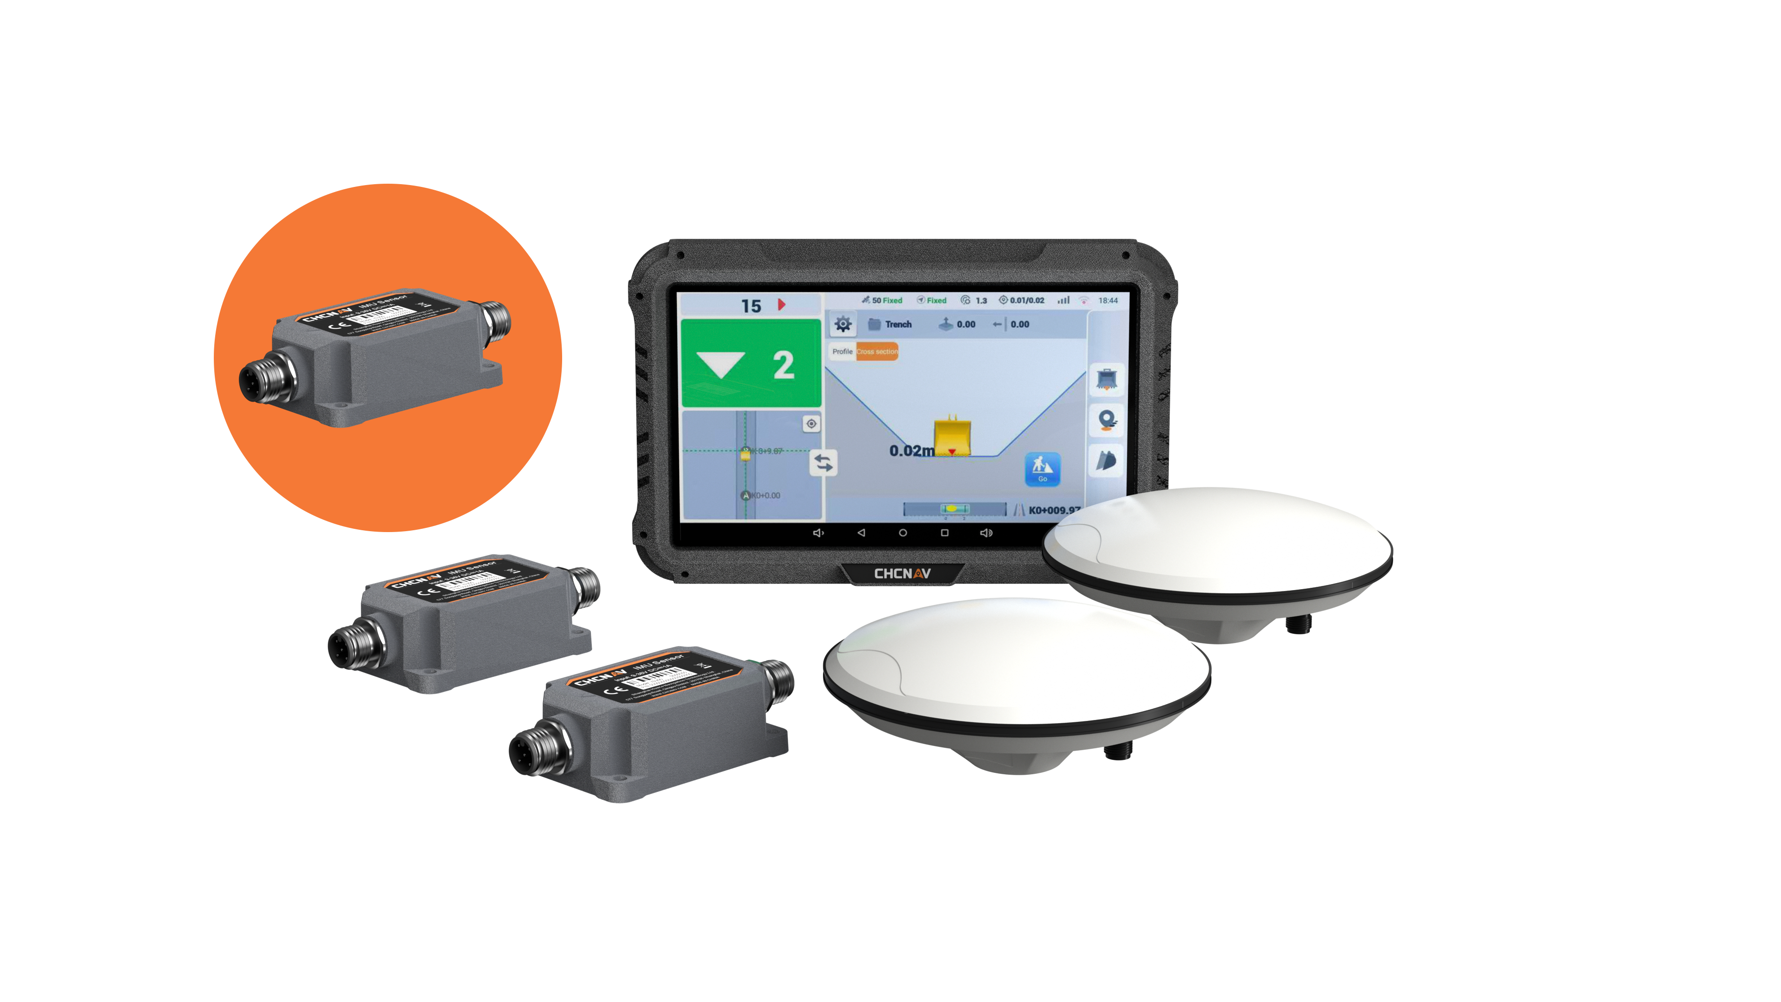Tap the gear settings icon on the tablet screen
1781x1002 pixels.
click(x=842, y=324)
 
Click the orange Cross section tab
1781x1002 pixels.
click(x=877, y=351)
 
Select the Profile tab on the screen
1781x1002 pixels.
click(x=842, y=351)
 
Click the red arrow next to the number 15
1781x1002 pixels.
click(x=781, y=304)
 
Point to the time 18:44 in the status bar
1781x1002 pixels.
click(x=1108, y=300)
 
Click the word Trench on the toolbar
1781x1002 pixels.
click(x=898, y=324)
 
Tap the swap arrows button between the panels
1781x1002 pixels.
click(x=823, y=462)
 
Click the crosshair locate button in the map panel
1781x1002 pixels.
click(x=811, y=423)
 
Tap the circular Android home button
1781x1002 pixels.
click(x=902, y=533)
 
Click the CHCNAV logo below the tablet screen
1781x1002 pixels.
click(x=902, y=573)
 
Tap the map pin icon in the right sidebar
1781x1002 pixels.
click(x=1106, y=419)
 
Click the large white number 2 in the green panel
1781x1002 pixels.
click(x=783, y=365)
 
